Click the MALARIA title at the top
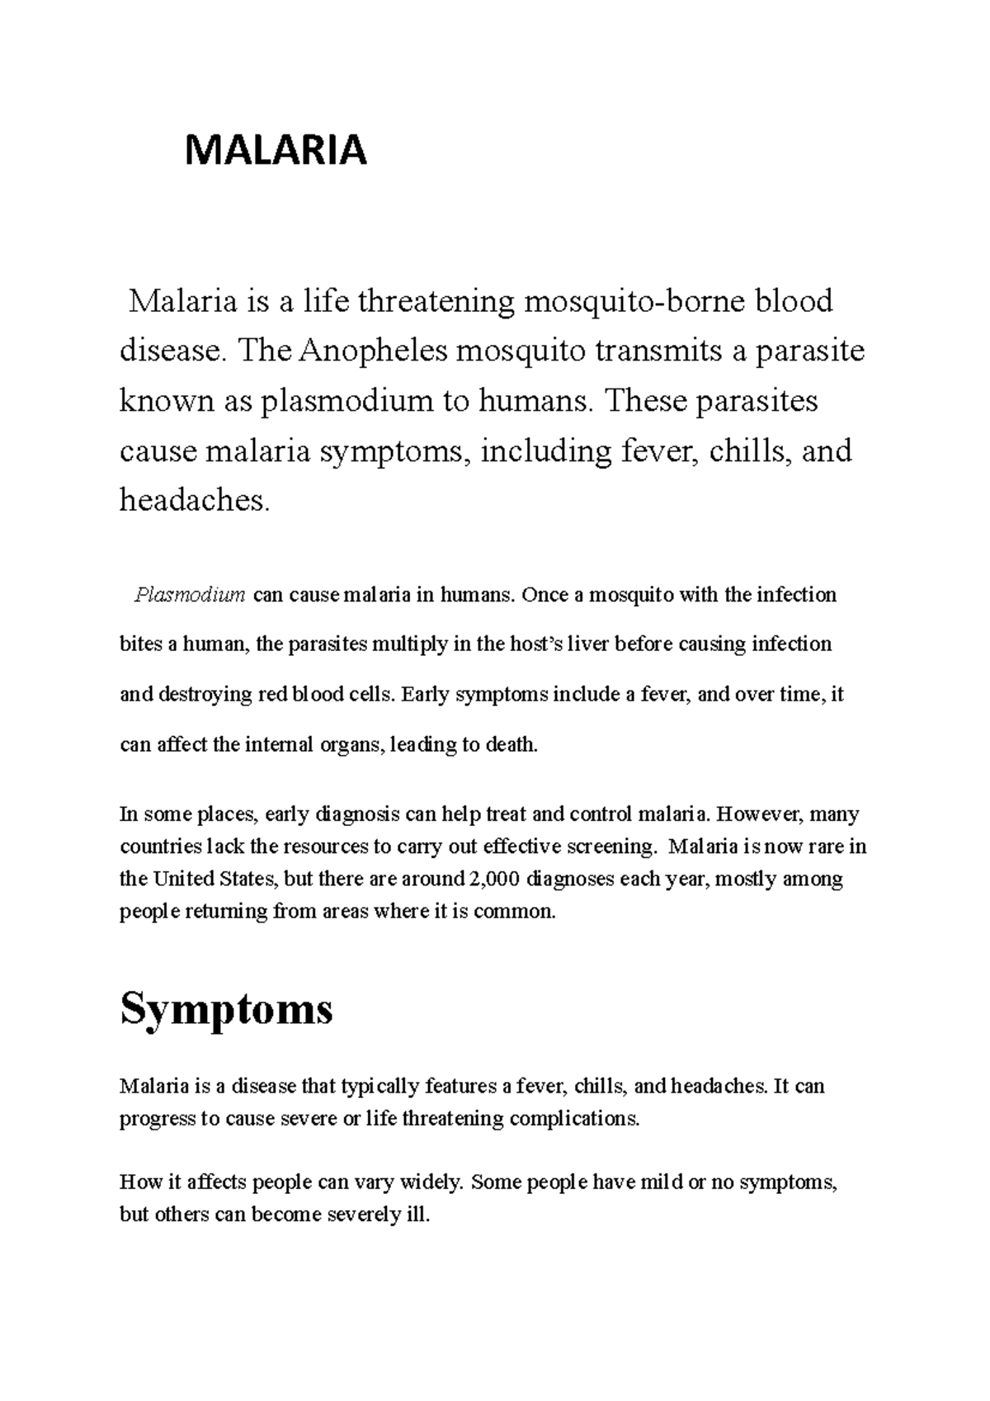pyautogui.click(x=276, y=151)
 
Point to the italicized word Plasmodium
pyautogui.click(x=190, y=595)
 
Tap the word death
pyautogui.click(x=511, y=745)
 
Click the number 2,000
pyautogui.click(x=493, y=880)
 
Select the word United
pyautogui.click(x=182, y=880)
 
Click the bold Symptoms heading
pyautogui.click(x=226, y=1008)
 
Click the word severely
pyautogui.click(x=359, y=1215)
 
